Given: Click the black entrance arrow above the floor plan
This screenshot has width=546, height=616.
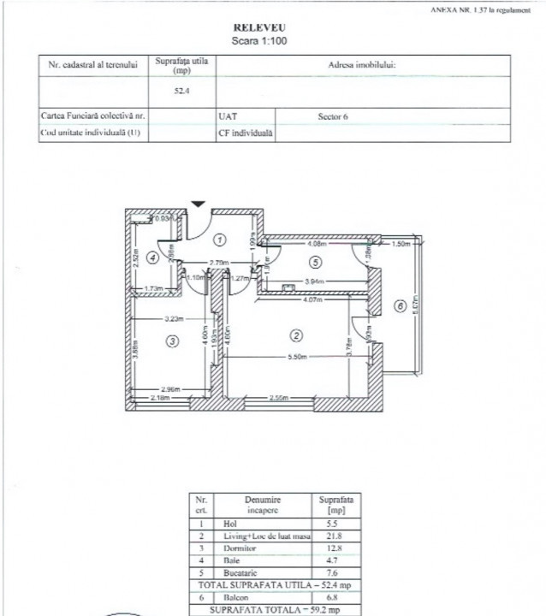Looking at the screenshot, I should (198, 204).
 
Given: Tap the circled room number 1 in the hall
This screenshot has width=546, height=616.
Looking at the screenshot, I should (219, 239).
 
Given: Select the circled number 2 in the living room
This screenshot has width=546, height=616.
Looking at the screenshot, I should (296, 334).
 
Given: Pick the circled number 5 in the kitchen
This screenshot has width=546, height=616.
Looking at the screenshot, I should (316, 263).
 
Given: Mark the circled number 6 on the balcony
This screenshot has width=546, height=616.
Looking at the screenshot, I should (399, 305).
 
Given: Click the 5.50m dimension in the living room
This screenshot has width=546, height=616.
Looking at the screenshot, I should (297, 355).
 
